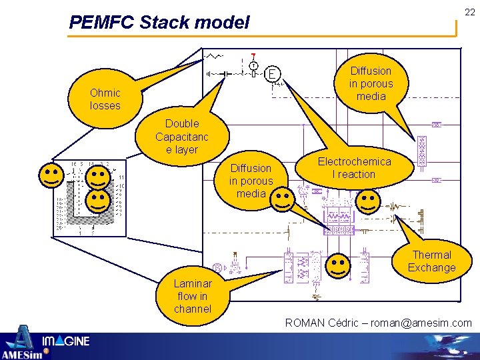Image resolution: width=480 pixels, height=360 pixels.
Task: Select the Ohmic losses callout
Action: click(105, 99)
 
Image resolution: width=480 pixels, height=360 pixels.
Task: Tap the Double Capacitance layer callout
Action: click(182, 137)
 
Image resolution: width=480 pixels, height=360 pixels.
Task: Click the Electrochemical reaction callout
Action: click(354, 168)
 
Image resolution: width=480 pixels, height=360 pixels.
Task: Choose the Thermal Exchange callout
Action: click(431, 261)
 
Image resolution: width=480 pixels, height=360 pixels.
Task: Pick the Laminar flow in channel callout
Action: click(193, 296)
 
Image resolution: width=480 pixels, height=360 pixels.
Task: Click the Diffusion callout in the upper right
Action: click(371, 83)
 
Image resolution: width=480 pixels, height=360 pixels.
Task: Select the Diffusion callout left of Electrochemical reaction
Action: click(251, 181)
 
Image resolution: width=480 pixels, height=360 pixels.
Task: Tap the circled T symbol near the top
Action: click(254, 65)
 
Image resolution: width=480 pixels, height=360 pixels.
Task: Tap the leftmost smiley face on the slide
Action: click(52, 176)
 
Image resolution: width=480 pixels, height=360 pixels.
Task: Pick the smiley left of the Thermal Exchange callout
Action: click(339, 265)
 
